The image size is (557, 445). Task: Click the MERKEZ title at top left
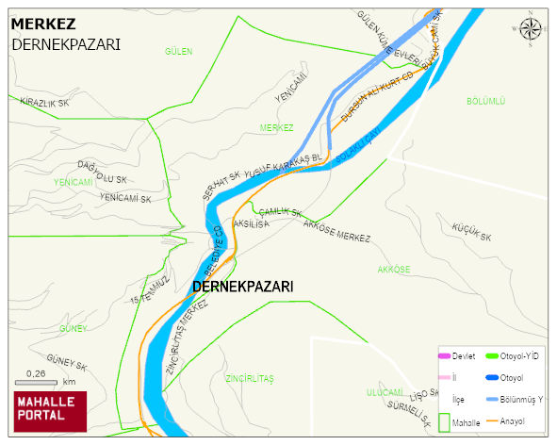[x=43, y=24]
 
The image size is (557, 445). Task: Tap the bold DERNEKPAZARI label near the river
[x=242, y=286]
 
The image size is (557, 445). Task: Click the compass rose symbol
[x=532, y=28]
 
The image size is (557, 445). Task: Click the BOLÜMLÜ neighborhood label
[x=486, y=100]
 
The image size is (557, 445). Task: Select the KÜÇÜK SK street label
[x=472, y=232]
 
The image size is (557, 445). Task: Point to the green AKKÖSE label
[x=393, y=270]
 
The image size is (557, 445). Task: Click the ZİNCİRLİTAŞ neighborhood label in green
[x=249, y=378]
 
